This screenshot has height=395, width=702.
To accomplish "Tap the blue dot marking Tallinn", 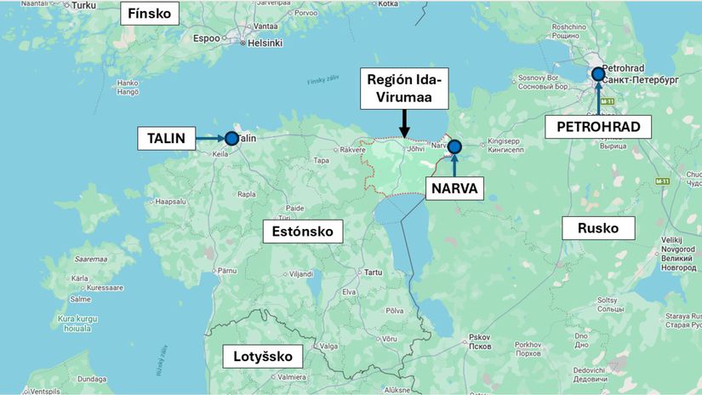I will point(231,138).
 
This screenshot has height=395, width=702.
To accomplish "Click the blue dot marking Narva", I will point(454,146).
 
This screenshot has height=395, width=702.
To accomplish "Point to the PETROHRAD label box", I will point(598,127).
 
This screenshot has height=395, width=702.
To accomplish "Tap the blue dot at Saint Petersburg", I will point(598,74).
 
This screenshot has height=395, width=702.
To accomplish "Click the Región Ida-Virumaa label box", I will point(403,90).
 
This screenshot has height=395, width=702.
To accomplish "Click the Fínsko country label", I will point(150,14).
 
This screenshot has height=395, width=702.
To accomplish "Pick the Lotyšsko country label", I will point(256,356).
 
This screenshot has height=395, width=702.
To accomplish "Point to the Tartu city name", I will point(373,272).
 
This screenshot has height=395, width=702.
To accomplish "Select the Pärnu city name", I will point(225,270).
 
